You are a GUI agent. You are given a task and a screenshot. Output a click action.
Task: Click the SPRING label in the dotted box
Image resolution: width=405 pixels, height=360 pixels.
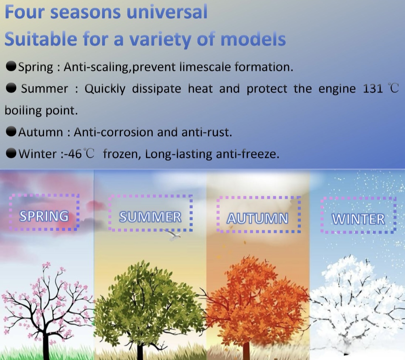point(44,216)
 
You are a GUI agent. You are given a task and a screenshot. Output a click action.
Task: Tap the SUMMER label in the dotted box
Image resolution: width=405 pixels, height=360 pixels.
point(150,217)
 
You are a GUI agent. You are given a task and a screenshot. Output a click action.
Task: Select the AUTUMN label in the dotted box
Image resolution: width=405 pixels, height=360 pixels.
point(257,218)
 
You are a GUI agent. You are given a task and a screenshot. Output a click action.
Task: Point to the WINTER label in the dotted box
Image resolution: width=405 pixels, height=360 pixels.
point(358,219)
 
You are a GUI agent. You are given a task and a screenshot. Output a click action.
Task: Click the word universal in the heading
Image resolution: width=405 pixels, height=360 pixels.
point(167,12)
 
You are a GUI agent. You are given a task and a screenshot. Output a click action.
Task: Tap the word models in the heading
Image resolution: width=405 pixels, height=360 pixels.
point(253,39)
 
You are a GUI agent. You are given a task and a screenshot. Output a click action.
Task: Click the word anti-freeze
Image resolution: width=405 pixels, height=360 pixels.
point(247,154)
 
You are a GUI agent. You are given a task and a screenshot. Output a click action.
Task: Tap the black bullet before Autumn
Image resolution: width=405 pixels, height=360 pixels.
point(11,132)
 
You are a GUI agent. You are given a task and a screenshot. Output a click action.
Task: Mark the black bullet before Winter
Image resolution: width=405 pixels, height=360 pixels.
point(11,154)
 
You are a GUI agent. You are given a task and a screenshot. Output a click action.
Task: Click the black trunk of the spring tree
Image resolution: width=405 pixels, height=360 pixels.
point(46,343)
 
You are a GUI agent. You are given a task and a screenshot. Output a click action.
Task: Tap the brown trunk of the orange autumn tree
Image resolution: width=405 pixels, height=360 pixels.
point(246,350)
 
